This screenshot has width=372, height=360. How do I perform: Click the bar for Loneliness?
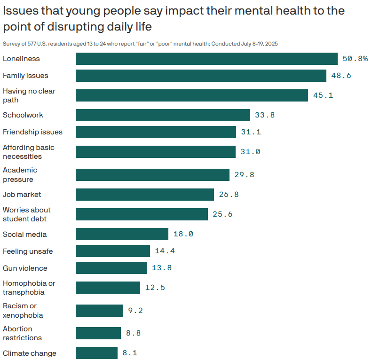pos(206,59)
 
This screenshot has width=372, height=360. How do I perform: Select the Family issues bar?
pos(201,76)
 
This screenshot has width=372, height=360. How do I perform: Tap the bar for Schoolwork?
pos(163,115)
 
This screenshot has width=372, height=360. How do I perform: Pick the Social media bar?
pos(122,234)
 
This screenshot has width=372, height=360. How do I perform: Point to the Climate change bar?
pos(96,353)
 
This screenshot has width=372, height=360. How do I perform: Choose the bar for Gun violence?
pos(111,268)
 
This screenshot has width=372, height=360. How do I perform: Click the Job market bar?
pos(145,195)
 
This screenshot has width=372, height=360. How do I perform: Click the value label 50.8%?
pos(355,59)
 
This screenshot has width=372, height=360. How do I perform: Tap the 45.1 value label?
pos(323,95)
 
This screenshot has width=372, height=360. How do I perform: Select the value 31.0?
pos(250,152)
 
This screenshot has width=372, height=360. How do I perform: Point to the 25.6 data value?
pos(222,214)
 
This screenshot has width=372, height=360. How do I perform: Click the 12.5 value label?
pos(155,288)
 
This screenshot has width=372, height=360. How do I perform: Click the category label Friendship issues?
pos(32,132)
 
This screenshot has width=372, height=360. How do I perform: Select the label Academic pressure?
pos(20,174)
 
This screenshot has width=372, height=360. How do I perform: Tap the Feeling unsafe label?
pos(28,251)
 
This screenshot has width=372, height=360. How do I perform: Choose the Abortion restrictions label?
pos(22,333)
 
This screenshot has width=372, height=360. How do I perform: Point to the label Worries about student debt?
pos(27,214)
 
